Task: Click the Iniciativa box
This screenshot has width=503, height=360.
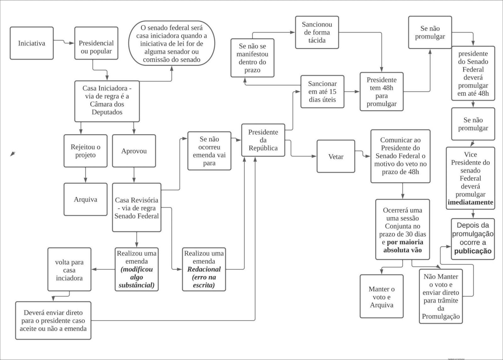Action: coord(31,43)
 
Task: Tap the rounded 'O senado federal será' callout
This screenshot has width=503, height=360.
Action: coord(171,43)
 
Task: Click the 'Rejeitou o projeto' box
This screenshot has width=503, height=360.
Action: coord(86,151)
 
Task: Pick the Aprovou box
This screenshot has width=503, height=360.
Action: coord(134,151)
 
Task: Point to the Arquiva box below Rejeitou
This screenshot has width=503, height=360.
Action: coord(86,199)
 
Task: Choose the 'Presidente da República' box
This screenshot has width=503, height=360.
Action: coord(263,140)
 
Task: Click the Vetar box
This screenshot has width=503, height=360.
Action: coord(336,156)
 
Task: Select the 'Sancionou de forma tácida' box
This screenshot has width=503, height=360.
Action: coord(317,32)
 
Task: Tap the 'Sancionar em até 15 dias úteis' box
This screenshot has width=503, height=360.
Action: coord(322,92)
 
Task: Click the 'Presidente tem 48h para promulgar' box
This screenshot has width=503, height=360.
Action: coord(381,92)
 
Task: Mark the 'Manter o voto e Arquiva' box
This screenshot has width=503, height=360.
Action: coord(381,297)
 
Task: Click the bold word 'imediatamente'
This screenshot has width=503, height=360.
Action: coord(470,202)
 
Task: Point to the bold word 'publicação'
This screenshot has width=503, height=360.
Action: coord(473,251)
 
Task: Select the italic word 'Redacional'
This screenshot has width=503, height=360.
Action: coord(204,269)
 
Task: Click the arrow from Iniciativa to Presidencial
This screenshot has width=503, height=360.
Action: coord(64,42)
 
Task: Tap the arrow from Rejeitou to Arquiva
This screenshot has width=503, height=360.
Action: coord(86,175)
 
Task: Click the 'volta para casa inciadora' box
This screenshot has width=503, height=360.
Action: coord(69,270)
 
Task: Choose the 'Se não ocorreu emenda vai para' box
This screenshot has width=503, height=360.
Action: coord(209,151)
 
